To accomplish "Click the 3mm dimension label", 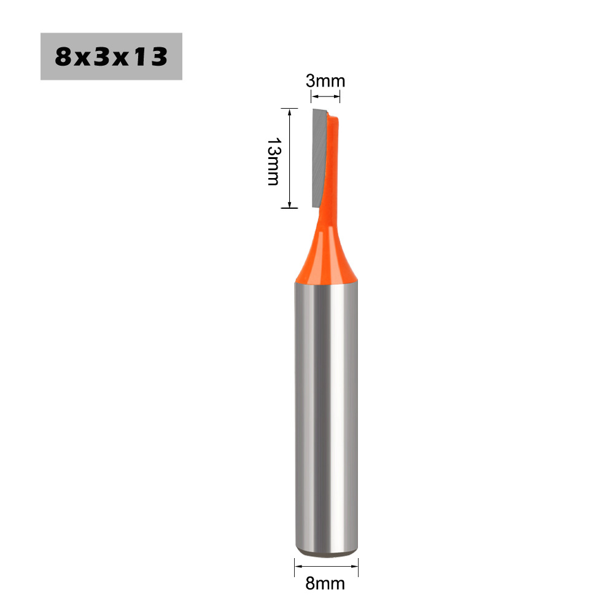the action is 325,81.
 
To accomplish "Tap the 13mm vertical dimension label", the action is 274,161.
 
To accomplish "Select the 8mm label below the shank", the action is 325,583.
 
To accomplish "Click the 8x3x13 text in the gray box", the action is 111,56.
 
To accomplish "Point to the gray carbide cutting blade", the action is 319,157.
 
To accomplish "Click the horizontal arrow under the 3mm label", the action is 325,96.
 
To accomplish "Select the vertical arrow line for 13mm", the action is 290,158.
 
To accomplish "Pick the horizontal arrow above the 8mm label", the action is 326,566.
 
